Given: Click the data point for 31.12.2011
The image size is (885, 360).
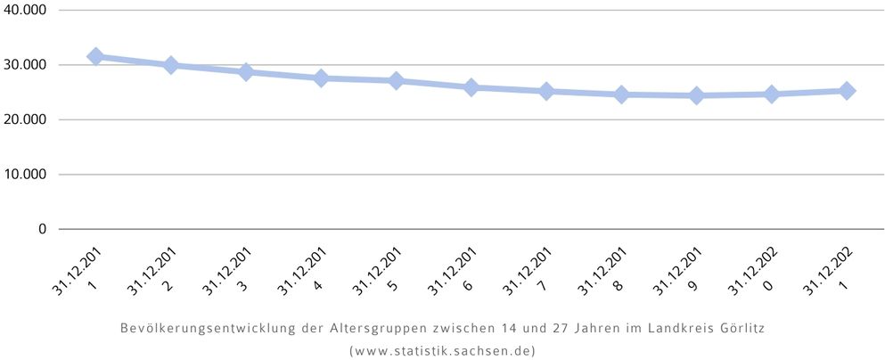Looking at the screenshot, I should pos(95,56).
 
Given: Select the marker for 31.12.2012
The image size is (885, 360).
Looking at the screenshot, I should pos(171,65).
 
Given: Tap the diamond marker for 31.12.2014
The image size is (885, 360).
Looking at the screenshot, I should pos(321,78).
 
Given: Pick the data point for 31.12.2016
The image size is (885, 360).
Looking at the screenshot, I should pos(471,87).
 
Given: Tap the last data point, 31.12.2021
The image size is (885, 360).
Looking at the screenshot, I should pos(847,90).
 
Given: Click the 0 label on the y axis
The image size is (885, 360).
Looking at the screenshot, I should pos(41,229).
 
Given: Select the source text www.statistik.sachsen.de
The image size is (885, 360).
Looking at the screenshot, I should pos(442,350).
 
